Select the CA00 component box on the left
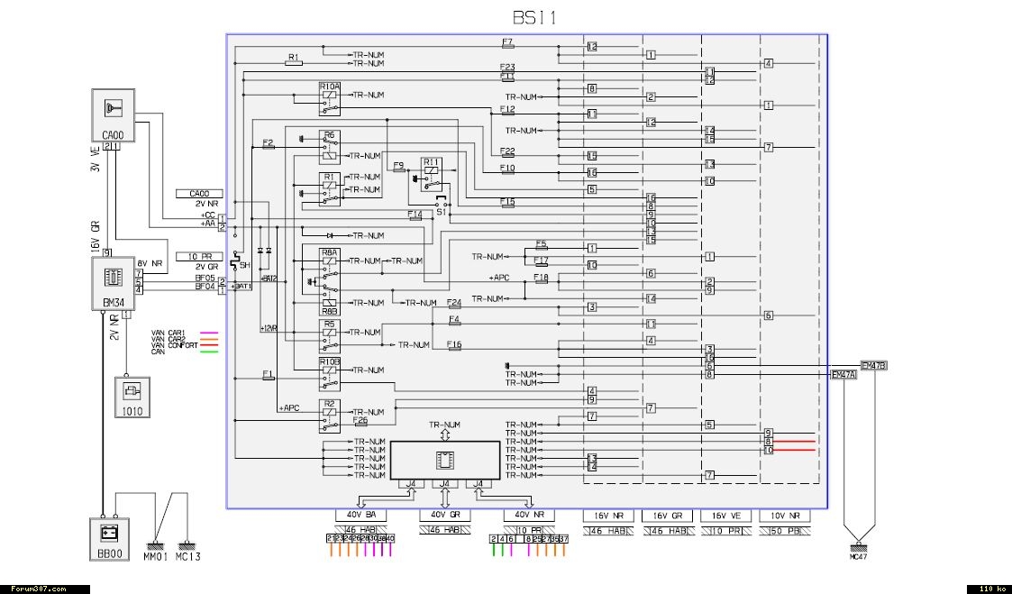click(113, 114)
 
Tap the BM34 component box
click(113, 281)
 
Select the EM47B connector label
click(873, 366)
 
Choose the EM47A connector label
click(843, 375)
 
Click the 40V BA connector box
click(360, 515)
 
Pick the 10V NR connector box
click(785, 515)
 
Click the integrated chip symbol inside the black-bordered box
click(443, 460)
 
